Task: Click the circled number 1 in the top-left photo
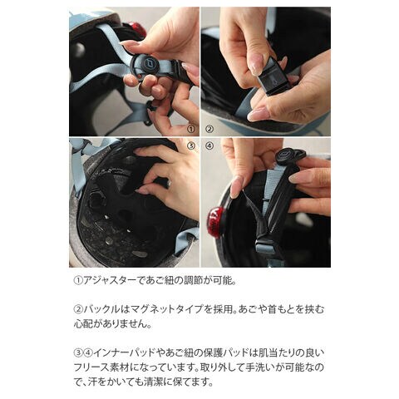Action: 191,129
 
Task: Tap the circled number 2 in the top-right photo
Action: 209,129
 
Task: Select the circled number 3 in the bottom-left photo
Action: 191,145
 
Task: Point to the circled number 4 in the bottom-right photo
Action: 209,145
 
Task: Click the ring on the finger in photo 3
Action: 169,183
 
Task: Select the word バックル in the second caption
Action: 101,309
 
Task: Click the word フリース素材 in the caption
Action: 101,367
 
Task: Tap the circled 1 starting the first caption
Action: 78,281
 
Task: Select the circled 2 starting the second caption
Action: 78,309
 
